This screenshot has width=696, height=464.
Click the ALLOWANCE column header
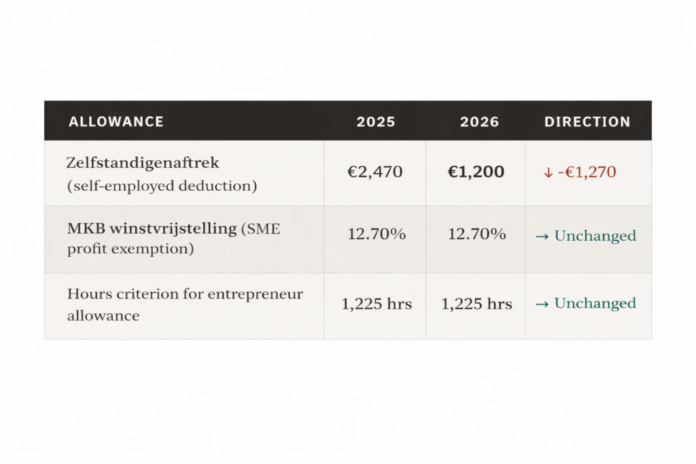pyautogui.click(x=116, y=122)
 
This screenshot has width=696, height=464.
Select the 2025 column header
pyautogui.click(x=376, y=122)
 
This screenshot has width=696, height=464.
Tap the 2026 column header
pyautogui.click(x=479, y=122)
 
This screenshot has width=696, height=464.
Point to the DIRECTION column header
pyautogui.click(x=587, y=122)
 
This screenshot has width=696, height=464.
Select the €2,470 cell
pyautogui.click(x=375, y=173)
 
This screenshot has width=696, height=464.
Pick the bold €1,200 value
pyautogui.click(x=476, y=173)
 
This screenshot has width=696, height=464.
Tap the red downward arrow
pyautogui.click(x=548, y=173)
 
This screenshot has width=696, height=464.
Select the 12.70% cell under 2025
pyautogui.click(x=377, y=234)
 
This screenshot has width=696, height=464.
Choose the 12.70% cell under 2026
pyautogui.click(x=476, y=234)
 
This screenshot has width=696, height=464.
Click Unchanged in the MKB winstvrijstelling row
pyautogui.click(x=595, y=236)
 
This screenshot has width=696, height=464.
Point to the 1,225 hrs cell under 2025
pyautogui.click(x=377, y=304)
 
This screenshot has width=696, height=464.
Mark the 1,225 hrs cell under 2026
pyautogui.click(x=476, y=304)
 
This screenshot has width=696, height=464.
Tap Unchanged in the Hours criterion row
pyautogui.click(x=595, y=304)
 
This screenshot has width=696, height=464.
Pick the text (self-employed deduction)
pyautogui.click(x=162, y=185)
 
